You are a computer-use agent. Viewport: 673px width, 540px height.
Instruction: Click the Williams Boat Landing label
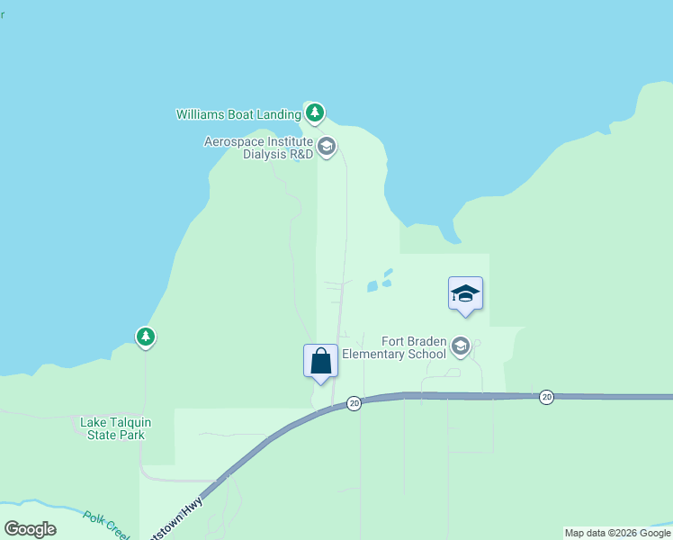(x=238, y=114)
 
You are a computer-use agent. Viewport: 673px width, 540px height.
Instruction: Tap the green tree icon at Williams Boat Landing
(x=314, y=113)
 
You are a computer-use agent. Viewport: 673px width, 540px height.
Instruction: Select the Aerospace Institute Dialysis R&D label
(x=258, y=148)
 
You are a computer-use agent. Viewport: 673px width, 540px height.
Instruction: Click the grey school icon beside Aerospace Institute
(x=327, y=146)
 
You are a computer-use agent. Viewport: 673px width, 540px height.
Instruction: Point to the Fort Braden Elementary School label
(x=414, y=347)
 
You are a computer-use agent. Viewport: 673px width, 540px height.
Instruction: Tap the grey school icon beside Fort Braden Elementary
(x=461, y=346)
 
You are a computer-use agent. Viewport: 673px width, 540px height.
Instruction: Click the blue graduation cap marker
(x=465, y=294)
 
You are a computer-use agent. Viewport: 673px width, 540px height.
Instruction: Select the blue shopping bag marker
(x=320, y=362)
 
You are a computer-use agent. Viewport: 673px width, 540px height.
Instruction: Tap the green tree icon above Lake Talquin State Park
(x=146, y=337)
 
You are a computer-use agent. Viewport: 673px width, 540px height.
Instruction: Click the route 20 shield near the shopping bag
(x=354, y=403)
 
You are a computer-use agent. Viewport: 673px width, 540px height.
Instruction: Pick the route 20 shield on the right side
(x=546, y=397)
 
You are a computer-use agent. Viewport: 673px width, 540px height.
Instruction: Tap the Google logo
(x=30, y=529)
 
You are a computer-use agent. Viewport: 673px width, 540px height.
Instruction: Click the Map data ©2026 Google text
(x=617, y=533)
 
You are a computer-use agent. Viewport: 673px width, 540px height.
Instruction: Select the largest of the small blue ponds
(x=372, y=287)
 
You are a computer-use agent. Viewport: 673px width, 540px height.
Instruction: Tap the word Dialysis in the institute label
(x=265, y=154)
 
